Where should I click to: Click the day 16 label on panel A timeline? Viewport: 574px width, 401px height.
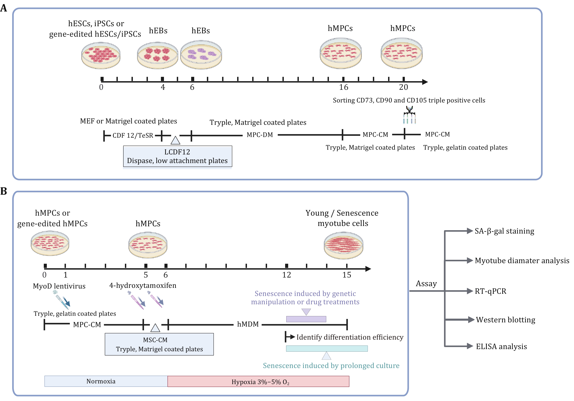click(343, 87)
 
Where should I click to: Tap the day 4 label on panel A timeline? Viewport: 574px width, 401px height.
click(163, 87)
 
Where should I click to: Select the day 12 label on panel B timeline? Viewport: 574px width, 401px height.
click(286, 275)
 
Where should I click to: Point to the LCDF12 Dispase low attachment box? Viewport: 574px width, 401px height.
click(177, 156)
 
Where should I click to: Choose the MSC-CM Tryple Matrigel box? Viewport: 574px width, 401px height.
click(159, 344)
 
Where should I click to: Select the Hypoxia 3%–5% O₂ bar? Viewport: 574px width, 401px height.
click(258, 382)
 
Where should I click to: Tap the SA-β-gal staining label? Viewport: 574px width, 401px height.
click(504, 231)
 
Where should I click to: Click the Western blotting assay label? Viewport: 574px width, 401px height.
click(505, 320)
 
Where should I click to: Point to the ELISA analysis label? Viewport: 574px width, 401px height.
click(501, 347)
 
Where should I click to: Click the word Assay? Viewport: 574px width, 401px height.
click(426, 284)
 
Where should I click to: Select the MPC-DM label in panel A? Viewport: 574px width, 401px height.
click(260, 135)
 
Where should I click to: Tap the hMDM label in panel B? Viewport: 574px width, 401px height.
click(248, 324)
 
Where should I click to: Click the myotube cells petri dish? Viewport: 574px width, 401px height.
click(343, 245)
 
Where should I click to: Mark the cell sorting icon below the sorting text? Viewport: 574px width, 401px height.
click(409, 115)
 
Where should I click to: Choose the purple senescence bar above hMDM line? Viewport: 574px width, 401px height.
click(306, 319)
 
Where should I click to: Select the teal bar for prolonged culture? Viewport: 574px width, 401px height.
click(327, 348)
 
